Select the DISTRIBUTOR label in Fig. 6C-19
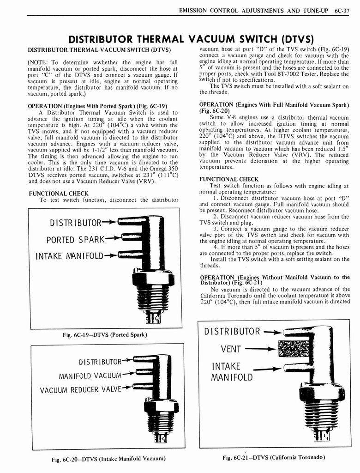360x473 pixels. point(75,224)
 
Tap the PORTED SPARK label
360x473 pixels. point(76,240)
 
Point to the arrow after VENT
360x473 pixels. point(261,350)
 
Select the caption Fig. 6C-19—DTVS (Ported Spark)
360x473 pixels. point(104,334)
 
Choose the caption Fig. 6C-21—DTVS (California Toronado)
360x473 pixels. point(274,457)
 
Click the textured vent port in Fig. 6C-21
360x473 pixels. point(291,349)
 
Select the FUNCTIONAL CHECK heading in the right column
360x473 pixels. point(222,179)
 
